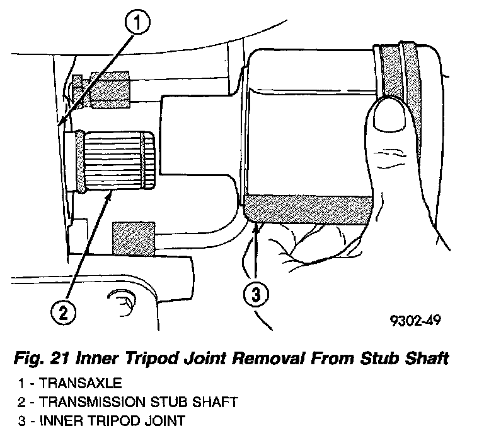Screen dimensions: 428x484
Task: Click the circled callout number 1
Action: click(x=138, y=25)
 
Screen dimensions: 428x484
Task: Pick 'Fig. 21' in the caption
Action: click(x=36, y=359)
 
